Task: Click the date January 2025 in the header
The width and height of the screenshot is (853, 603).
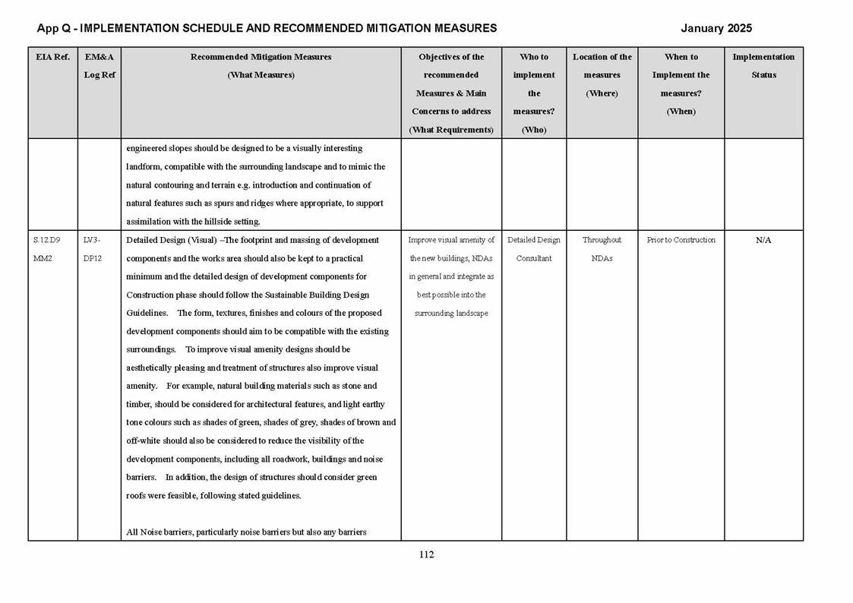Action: pos(716,29)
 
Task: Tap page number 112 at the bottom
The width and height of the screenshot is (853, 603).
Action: pos(426,554)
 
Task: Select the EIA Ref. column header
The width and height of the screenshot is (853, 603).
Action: pos(52,57)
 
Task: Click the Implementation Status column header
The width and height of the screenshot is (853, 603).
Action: pos(763,66)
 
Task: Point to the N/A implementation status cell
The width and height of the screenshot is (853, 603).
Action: pos(763,240)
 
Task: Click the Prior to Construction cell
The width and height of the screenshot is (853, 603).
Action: pos(681,240)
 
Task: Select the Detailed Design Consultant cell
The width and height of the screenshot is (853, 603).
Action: pos(534,249)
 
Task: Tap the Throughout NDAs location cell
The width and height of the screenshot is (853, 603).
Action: pos(602,249)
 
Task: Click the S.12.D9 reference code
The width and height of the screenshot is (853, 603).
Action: pos(47,240)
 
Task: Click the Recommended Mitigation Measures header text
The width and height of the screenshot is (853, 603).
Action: pos(261,57)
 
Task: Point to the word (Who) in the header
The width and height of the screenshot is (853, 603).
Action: pos(534,130)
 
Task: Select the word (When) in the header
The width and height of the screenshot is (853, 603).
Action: pos(681,112)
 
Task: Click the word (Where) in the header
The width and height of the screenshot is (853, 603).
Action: pos(602,93)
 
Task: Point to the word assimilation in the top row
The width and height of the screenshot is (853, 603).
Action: pos(152,222)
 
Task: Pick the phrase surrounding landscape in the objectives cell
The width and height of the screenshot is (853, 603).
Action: pos(451,313)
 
